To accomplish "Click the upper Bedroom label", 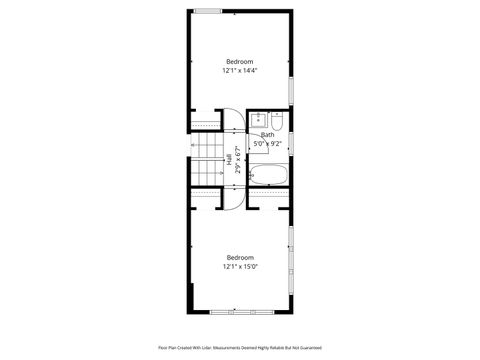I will coord(239,62).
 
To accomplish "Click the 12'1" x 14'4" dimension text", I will coord(239,71).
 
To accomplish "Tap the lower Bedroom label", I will coord(239,257).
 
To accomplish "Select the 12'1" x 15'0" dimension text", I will coord(239,266).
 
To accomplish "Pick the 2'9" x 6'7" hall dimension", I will coord(238,161).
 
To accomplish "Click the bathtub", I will coord(267,175).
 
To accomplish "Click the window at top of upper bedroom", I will coord(208,11).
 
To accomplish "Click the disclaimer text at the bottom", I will coord(239,348).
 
